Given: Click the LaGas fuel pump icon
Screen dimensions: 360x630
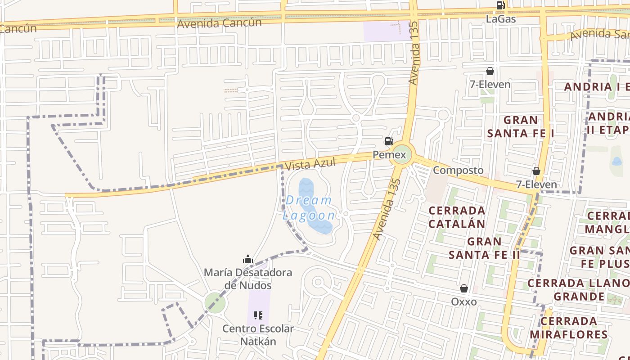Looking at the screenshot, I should [500, 5].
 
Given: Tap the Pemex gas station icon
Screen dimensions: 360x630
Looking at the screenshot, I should [389, 141].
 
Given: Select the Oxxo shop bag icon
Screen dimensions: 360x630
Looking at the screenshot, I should [464, 288].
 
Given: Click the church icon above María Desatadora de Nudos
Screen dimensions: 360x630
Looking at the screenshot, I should [247, 259].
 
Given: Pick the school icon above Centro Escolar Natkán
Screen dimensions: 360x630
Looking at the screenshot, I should [258, 315].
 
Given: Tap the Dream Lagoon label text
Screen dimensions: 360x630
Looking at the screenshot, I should [309, 207].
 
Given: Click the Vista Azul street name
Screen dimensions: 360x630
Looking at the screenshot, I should [310, 164].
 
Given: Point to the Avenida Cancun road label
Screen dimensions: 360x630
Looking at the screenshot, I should [219, 23].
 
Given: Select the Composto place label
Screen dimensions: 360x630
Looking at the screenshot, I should [458, 170].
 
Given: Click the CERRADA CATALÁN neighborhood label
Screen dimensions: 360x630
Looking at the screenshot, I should [457, 217].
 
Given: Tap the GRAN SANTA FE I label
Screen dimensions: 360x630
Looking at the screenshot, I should [521, 126].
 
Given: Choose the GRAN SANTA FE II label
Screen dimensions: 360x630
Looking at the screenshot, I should [484, 248].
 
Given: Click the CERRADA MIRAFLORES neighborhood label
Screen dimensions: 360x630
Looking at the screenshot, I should [569, 328].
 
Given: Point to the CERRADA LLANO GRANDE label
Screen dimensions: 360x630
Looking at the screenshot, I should [579, 290].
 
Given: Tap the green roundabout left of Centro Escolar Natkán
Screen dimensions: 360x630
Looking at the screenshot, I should [215, 302].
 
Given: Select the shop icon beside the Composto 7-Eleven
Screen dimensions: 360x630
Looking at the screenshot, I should [536, 171].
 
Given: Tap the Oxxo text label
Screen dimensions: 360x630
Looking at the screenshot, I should [464, 301].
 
